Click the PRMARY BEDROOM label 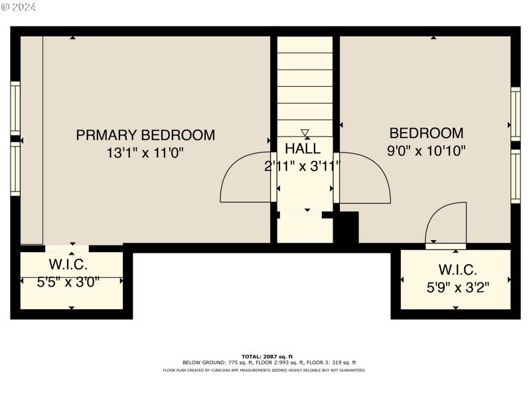tap(145, 135)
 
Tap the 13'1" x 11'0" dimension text tap(145, 153)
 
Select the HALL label tap(303, 149)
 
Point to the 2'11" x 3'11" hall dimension tap(303, 166)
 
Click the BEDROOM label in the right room tap(426, 133)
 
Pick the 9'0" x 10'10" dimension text tap(426, 151)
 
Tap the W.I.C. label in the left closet tap(68, 265)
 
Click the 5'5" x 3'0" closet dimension tap(68, 281)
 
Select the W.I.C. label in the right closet tap(457, 270)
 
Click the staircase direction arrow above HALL tap(305, 133)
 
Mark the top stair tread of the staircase tap(305, 44)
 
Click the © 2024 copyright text tap(19, 7)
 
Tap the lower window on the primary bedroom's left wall tap(15, 170)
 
